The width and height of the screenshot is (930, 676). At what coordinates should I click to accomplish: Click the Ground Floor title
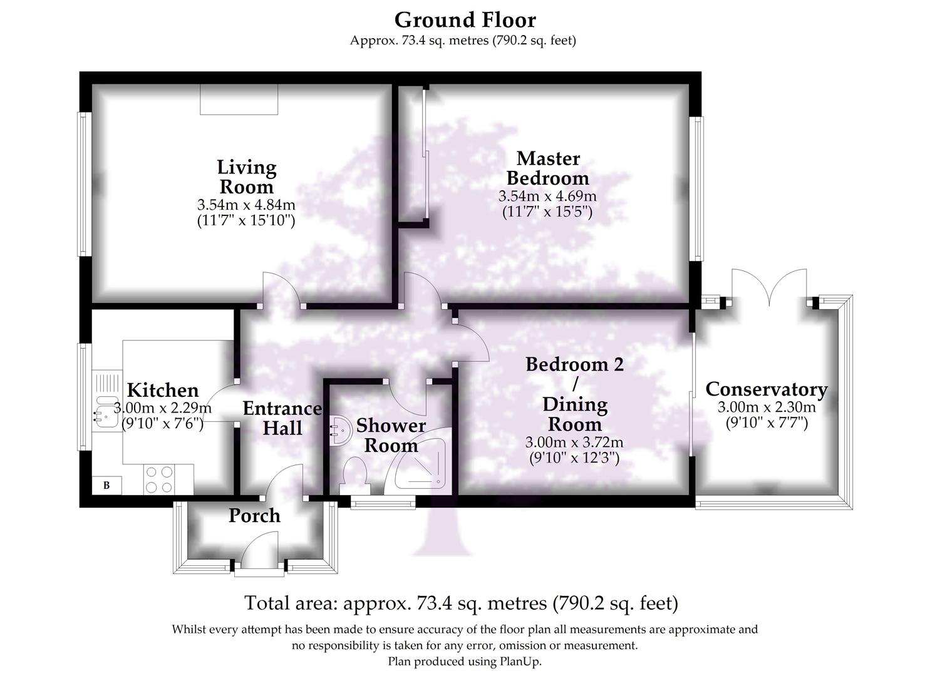465,20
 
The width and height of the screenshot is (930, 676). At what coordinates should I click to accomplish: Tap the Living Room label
246,177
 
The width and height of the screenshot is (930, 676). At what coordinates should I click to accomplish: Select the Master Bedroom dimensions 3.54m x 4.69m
547,196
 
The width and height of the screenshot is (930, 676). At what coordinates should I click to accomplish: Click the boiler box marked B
106,485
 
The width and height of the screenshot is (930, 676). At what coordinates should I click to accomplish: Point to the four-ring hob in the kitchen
158,479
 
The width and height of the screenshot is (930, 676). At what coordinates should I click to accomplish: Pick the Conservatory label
766,389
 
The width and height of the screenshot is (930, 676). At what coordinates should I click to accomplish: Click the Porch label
254,516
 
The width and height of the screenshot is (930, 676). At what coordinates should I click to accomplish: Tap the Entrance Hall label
282,418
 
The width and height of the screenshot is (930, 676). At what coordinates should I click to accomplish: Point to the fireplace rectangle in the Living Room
239,100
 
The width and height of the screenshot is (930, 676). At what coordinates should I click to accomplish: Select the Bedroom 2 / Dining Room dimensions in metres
574,443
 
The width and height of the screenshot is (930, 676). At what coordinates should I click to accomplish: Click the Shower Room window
383,502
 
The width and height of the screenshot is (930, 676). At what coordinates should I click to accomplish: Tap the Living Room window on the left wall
85,184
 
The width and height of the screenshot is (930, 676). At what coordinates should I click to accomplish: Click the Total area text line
461,603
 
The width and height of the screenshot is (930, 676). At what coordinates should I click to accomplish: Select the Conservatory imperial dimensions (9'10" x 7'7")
766,423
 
